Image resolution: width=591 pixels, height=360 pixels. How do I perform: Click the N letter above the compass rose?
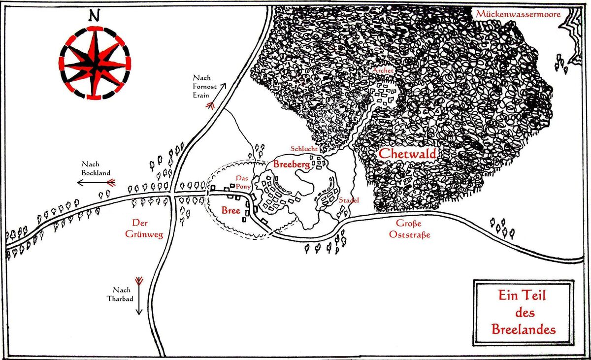(93, 15)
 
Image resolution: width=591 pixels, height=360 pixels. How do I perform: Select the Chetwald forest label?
(407, 154)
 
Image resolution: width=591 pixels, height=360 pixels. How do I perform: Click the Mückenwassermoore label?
(518, 14)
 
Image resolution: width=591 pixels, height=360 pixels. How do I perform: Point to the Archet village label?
(383, 71)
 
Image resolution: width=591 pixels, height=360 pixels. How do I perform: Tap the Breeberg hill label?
(292, 165)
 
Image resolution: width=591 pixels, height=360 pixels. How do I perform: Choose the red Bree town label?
(230, 211)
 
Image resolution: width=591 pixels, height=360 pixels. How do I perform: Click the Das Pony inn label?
(243, 182)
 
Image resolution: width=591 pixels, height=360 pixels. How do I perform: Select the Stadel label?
(348, 200)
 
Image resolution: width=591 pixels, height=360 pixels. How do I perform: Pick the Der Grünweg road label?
(144, 228)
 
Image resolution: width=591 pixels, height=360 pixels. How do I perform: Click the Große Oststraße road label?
(410, 230)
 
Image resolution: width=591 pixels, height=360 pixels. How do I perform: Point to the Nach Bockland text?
(96, 168)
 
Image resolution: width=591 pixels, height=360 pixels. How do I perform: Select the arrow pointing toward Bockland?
(96, 183)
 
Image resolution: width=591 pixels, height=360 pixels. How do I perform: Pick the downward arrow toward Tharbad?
(139, 295)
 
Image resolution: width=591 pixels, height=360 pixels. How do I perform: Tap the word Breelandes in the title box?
(523, 328)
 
